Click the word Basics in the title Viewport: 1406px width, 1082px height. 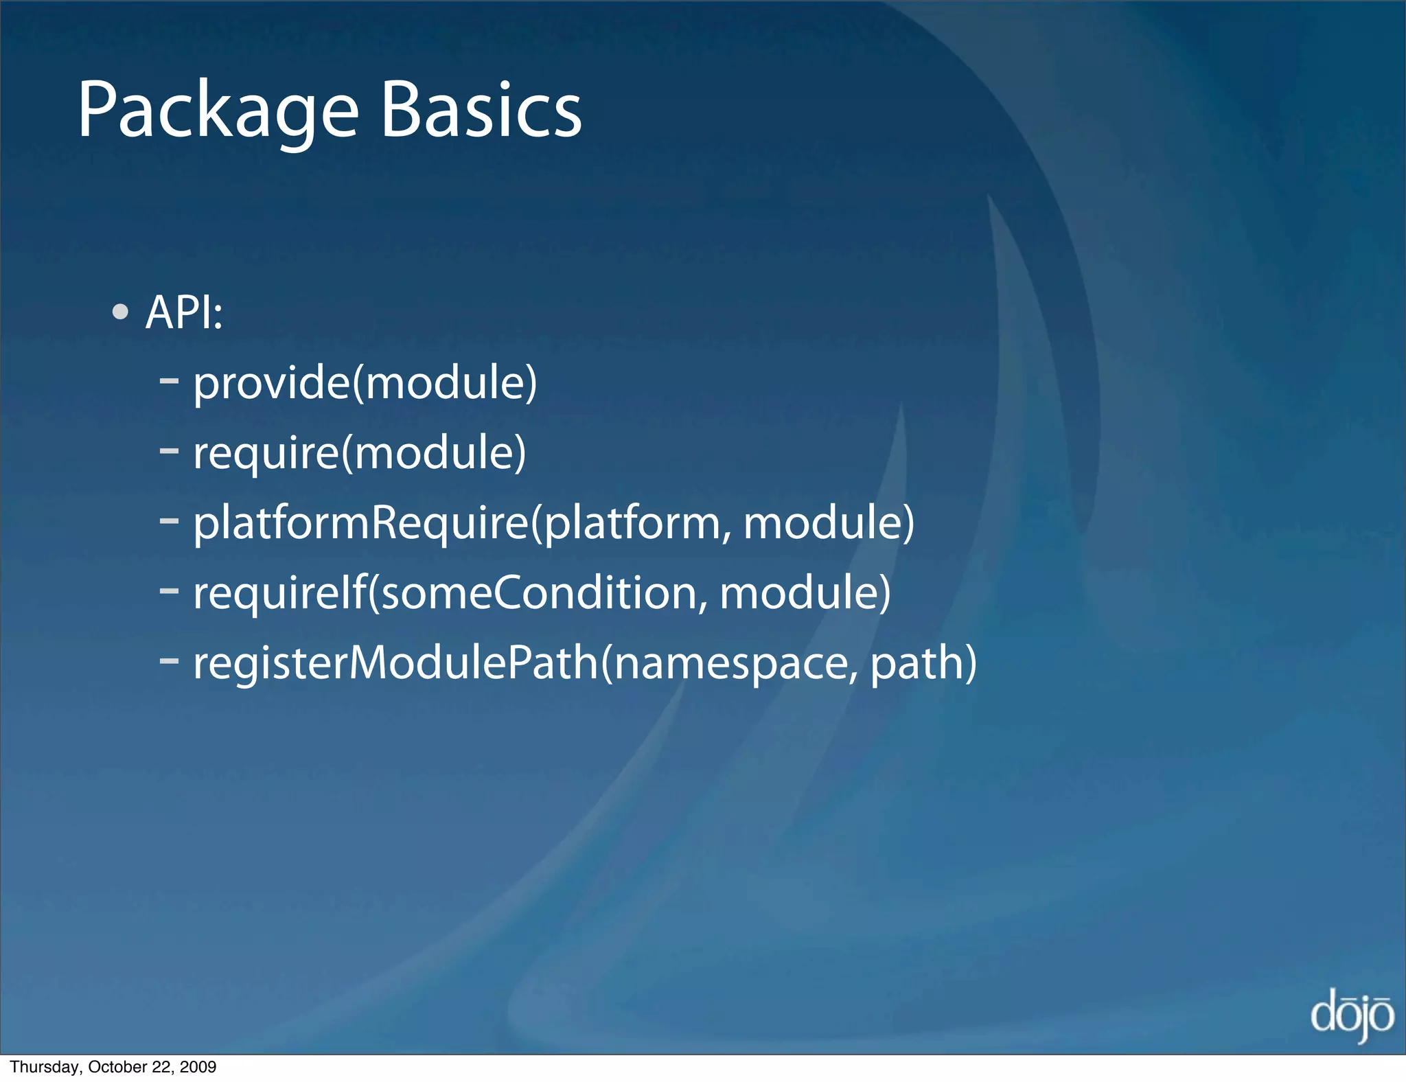[481, 110]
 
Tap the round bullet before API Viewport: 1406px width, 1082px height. [120, 312]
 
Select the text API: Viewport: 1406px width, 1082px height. [184, 312]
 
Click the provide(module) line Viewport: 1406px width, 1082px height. [365, 383]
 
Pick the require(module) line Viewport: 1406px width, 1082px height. [359, 453]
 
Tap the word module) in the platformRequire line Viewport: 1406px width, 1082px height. [829, 523]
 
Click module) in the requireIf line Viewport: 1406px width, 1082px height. [805, 593]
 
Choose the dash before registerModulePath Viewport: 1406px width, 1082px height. [169, 660]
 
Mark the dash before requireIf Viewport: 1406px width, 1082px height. [169, 590]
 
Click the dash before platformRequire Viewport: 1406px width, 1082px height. [169, 520]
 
